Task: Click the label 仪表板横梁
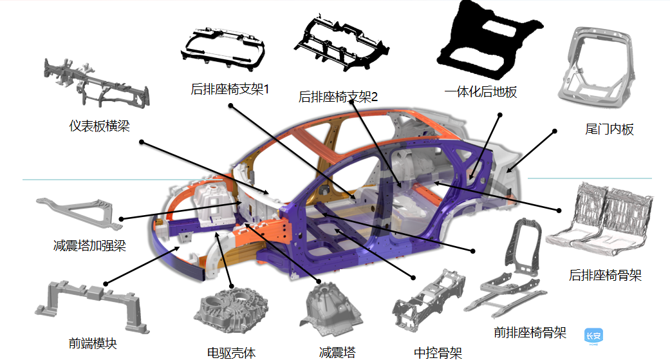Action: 99,126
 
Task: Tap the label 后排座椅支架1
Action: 230,89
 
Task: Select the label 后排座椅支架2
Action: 338,97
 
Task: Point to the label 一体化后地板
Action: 480,92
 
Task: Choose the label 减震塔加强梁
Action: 89,245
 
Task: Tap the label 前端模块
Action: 93,343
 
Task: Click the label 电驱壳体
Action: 232,352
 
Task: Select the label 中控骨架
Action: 438,352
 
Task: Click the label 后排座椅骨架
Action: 605,276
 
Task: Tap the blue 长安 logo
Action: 593,336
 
